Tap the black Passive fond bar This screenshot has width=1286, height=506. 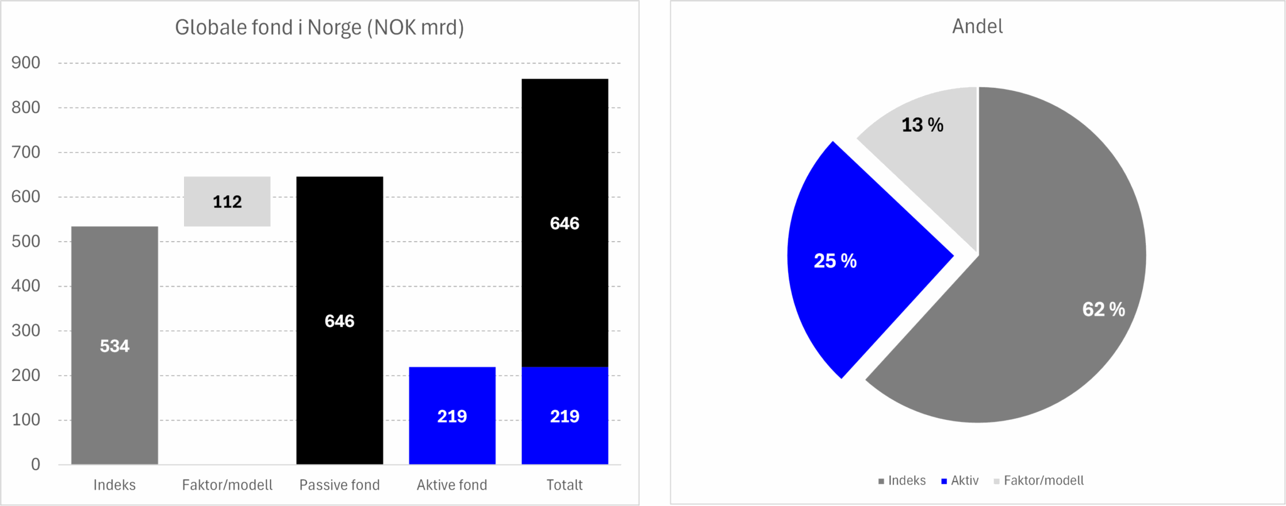(339, 264)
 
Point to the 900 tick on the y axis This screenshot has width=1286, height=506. (26, 63)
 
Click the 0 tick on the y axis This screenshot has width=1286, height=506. (35, 465)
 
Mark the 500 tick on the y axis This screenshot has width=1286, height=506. (26, 242)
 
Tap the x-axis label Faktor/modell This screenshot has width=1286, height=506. (227, 485)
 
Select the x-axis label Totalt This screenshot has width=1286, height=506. (565, 485)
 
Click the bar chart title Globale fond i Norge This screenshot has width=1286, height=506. (319, 28)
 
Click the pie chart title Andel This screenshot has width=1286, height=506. (977, 26)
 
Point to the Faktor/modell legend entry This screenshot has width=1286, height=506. (1043, 481)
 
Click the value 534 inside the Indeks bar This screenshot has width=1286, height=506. (114, 346)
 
